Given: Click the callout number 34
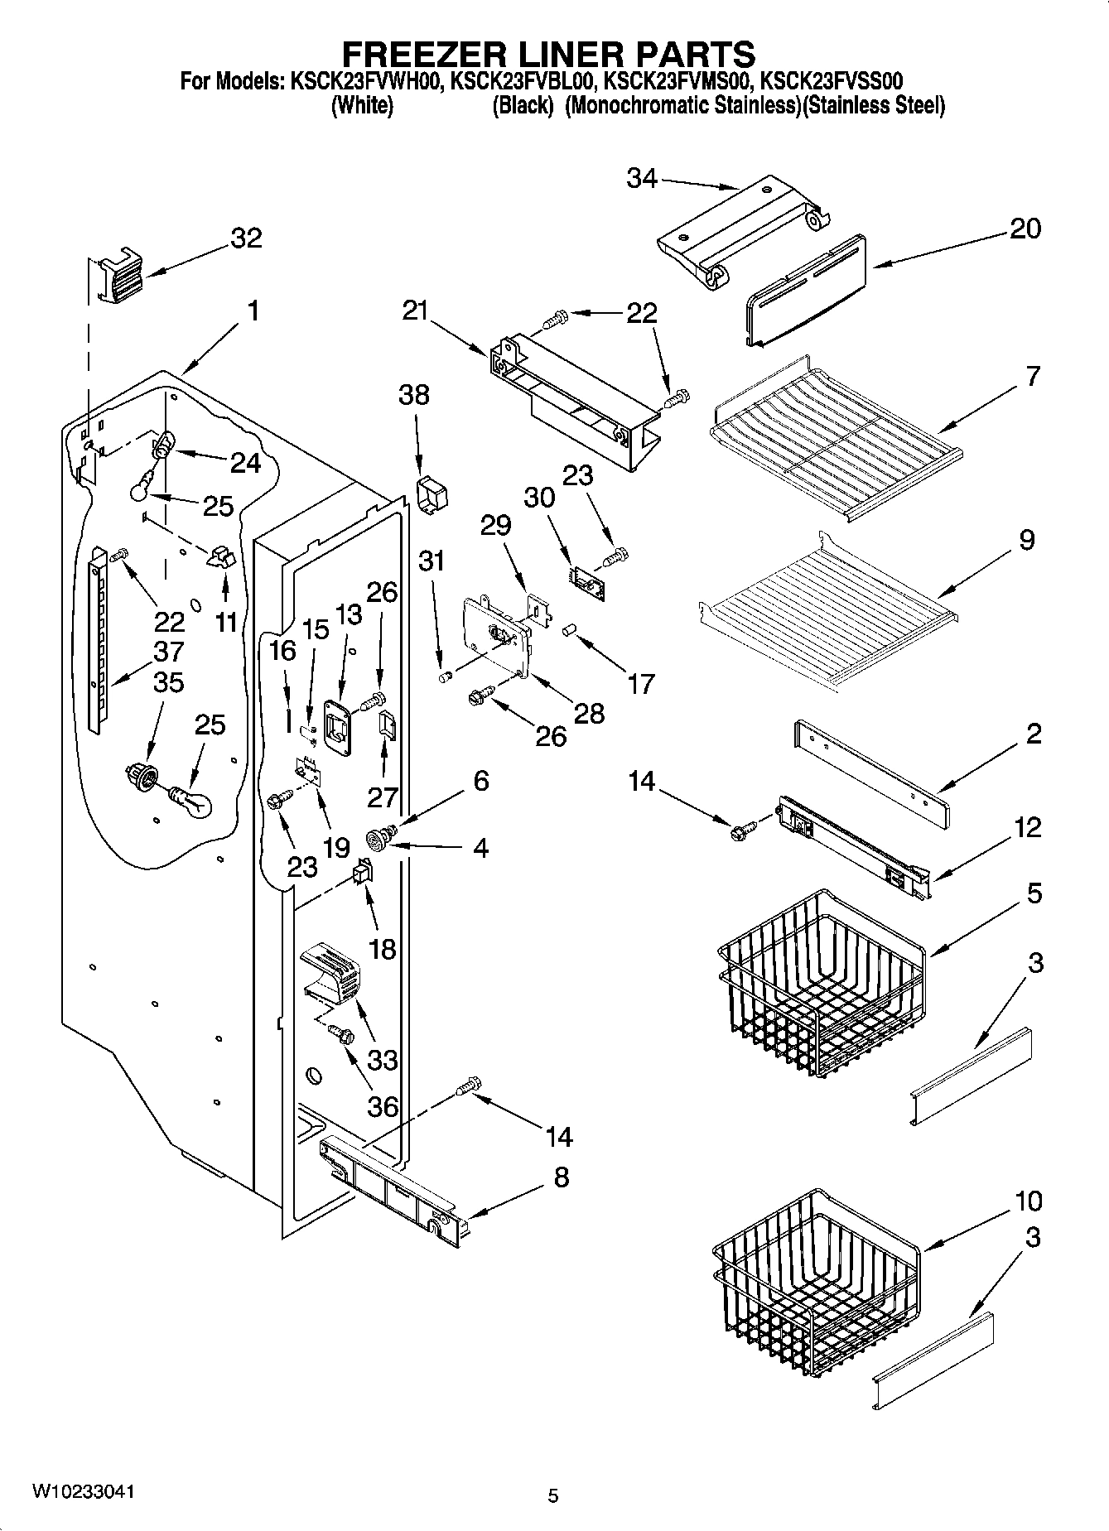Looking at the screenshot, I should click(x=641, y=177).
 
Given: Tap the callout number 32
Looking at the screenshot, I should click(x=246, y=238).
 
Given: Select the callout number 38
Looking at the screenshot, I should click(x=414, y=395).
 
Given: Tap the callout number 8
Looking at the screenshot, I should click(x=561, y=1177).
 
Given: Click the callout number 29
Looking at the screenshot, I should click(x=496, y=525).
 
